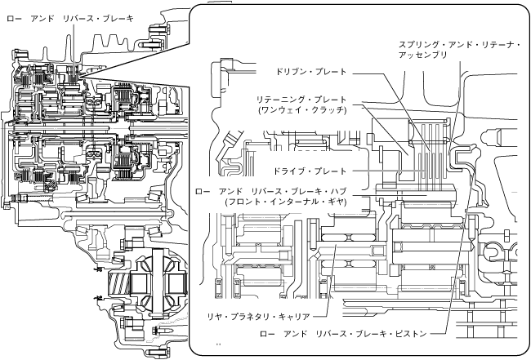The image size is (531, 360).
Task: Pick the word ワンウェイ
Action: point(279,109)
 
